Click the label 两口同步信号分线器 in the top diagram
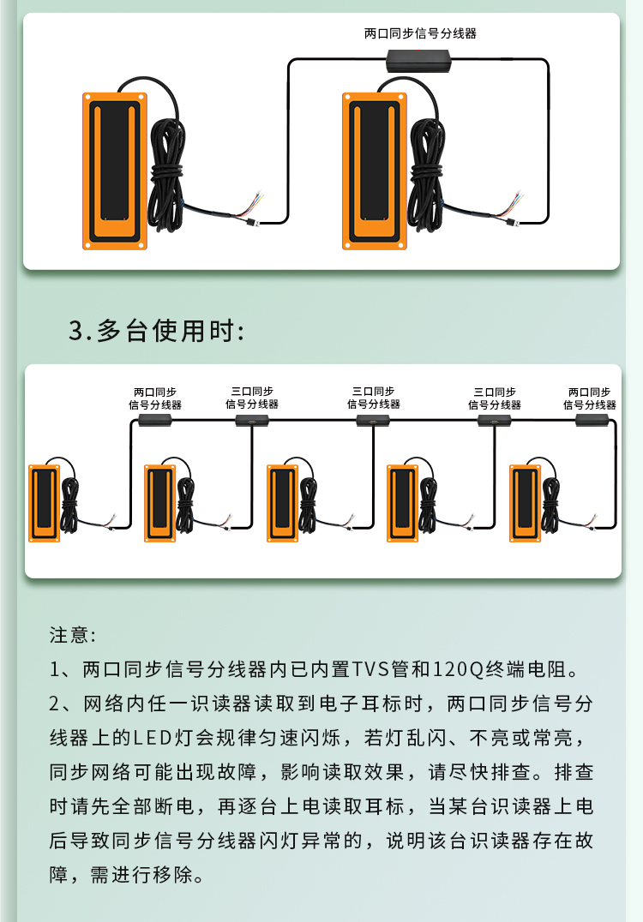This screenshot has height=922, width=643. coord(420,33)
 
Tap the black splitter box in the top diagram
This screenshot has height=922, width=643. coord(418,61)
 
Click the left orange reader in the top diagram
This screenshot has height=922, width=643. coord(115,171)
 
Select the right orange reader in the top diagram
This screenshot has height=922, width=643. coord(375,171)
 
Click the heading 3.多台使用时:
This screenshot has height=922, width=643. coord(157,331)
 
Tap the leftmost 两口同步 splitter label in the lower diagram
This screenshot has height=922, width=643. coord(155,398)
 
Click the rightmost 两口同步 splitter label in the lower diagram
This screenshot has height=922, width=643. coord(590,398)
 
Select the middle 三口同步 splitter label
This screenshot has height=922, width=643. coord(374,398)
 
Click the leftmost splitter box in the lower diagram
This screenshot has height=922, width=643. coord(154,420)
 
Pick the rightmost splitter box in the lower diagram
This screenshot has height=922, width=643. coord(592,420)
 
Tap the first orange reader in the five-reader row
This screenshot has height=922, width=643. coord(44,503)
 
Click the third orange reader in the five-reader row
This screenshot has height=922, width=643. coord(283,503)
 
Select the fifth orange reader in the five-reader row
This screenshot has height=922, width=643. coord(526,503)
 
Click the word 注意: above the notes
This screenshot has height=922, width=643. coord(72,635)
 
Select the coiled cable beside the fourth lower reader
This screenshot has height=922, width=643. coord(428,506)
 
